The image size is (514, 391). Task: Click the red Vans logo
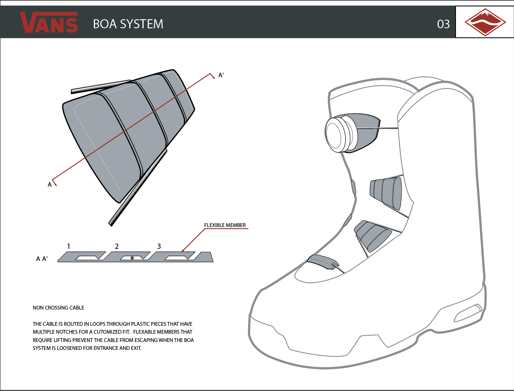point(49,23)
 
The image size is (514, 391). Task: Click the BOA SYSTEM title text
point(128,24)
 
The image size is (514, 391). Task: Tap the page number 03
point(443,25)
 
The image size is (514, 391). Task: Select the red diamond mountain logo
point(485,22)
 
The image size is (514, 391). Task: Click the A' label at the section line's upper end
point(221,75)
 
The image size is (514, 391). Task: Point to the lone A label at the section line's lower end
point(50,185)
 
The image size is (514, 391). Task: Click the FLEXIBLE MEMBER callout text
point(225,225)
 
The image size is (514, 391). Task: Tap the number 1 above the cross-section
point(69,246)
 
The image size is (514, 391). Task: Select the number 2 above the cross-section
point(117,246)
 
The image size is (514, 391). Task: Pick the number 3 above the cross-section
point(159,246)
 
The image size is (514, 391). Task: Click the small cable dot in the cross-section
point(132,258)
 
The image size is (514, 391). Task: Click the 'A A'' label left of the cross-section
point(42,259)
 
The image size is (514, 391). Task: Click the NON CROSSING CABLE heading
point(58,308)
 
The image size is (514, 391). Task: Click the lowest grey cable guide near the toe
point(323,261)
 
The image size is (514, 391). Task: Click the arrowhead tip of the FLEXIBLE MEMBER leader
point(182,251)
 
